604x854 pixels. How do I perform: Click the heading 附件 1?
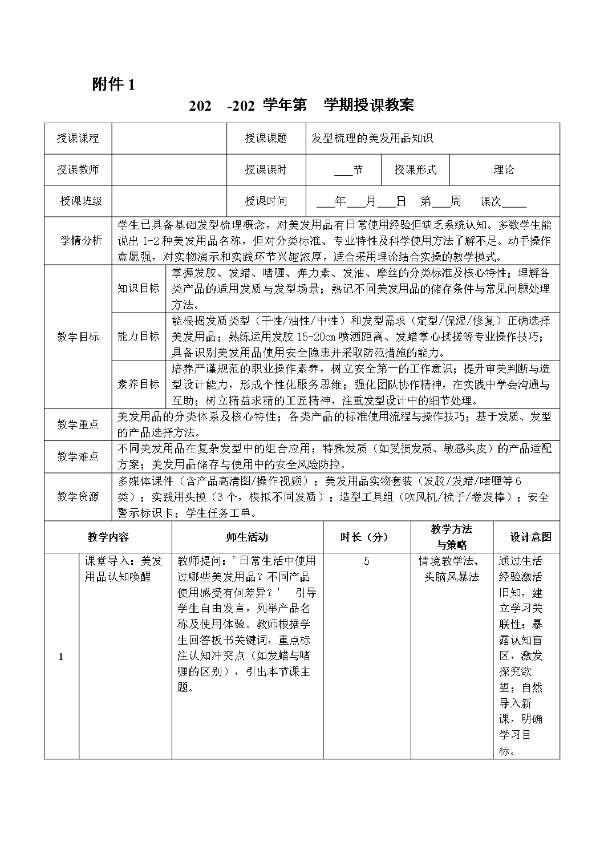[x=113, y=85]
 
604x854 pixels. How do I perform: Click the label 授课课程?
[x=78, y=138]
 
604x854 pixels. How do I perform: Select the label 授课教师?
[x=78, y=169]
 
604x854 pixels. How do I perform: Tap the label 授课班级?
[x=81, y=201]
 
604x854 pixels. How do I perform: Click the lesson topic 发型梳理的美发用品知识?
[x=372, y=138]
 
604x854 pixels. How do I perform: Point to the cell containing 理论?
[x=504, y=169]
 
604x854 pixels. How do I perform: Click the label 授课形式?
[x=415, y=169]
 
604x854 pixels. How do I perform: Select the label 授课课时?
[x=266, y=169]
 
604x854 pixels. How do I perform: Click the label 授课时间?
[x=266, y=201]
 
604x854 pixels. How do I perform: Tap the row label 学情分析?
[x=81, y=240]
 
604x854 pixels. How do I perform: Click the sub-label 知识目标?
[x=139, y=288]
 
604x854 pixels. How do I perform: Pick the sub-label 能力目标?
[x=139, y=336]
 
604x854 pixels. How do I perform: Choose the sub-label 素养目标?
[x=139, y=384]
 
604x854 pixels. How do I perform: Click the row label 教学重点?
[x=78, y=424]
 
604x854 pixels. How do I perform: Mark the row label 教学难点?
[x=78, y=456]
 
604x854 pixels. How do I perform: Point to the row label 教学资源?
[x=78, y=496]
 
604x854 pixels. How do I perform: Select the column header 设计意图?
[x=531, y=537]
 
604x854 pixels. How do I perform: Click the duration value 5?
[x=366, y=561]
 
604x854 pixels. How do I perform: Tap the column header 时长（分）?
[x=364, y=537]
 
